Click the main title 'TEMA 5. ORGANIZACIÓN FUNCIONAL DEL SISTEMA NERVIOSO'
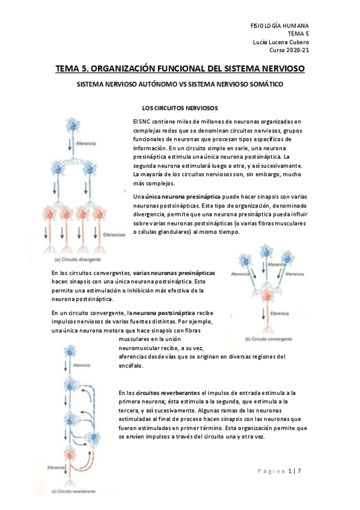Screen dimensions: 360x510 coord(180,69)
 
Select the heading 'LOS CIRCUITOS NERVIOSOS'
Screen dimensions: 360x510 coord(180,108)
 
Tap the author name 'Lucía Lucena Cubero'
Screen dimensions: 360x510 coord(281,42)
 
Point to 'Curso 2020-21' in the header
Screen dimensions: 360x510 coord(289,50)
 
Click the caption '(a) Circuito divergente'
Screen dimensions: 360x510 coord(78,260)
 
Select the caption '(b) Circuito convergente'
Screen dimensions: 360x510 coord(269,339)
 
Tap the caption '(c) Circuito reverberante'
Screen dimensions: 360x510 coord(74,491)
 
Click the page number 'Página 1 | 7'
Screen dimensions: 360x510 coord(279,471)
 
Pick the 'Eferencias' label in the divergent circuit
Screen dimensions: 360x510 coord(114,235)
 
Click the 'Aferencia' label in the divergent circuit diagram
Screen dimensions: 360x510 coord(86,143)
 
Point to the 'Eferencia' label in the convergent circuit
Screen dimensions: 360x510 coord(279,313)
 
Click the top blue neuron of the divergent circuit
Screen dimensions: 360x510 coord(73,124)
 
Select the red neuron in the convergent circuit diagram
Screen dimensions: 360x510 coord(267,295)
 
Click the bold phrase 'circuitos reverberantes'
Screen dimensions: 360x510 coord(168,393)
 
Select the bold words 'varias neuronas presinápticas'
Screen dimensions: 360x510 coord(174,273)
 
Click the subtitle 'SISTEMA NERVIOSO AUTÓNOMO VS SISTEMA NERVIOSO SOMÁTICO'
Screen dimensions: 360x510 coord(180,84)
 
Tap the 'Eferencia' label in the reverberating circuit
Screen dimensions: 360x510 coord(56,467)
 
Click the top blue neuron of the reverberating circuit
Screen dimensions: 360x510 coord(70,352)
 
